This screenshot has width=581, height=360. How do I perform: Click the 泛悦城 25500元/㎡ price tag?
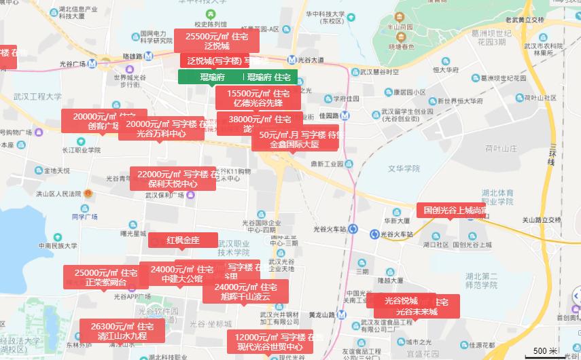click(x=217, y=41)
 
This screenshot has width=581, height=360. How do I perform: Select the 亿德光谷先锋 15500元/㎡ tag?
click(x=258, y=98)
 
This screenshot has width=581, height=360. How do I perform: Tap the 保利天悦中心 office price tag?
click(x=173, y=179)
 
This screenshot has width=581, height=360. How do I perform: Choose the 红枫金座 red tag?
click(x=183, y=240)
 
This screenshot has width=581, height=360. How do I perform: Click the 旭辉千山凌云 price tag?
click(x=246, y=291)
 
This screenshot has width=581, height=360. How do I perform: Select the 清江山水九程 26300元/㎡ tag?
click(x=122, y=331)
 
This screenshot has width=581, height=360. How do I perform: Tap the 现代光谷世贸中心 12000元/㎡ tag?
click(x=269, y=342)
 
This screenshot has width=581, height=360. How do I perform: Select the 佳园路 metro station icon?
click(x=345, y=115)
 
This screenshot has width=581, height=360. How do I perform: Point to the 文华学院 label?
click(x=404, y=168)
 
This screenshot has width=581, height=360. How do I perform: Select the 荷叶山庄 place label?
click(x=501, y=147)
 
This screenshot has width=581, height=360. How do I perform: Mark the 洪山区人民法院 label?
click(x=58, y=194)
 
